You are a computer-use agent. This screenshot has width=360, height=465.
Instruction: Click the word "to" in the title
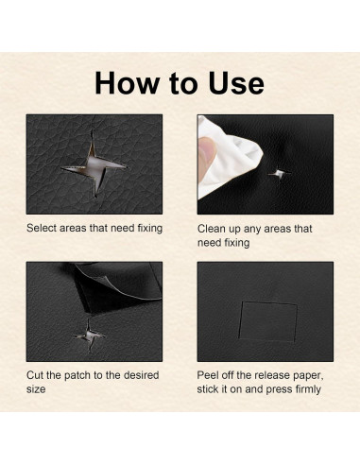pos(183,83)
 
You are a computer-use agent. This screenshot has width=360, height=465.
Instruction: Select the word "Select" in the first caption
pos(42,228)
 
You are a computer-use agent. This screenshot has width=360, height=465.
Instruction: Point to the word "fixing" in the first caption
pos(150,229)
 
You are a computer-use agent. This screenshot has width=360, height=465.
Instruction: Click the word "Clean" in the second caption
pos(211,229)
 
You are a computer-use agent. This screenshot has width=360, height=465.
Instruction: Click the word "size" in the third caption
pos(36,389)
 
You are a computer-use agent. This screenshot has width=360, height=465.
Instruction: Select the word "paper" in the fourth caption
pos(308,376)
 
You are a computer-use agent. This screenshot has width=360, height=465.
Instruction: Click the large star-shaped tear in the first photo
pos(94,164)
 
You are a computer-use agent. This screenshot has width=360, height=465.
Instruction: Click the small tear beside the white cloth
pos(280,173)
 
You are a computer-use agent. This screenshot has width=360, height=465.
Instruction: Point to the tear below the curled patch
pos(90,336)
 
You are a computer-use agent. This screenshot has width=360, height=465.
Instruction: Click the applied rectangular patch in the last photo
pos(268,321)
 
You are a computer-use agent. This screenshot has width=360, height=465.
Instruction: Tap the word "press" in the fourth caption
pos(278,390)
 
